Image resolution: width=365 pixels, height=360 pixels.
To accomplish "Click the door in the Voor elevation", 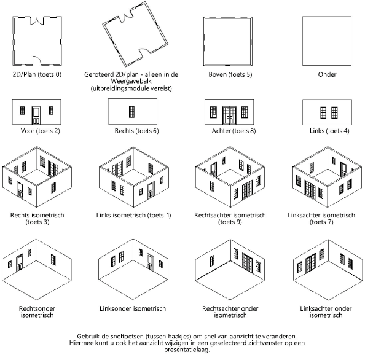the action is coord(36,115).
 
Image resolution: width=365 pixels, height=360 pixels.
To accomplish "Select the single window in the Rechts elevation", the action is coord(131,112).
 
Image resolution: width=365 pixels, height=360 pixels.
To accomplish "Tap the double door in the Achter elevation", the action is coord(229,115).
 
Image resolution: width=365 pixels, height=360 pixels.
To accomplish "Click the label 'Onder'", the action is coord(327,74).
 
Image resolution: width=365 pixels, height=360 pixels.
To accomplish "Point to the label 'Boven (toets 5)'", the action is coord(230,74).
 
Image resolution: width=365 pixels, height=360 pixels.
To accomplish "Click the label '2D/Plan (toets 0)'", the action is coord(37,74).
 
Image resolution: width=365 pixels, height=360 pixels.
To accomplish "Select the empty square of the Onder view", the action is coord(327,41).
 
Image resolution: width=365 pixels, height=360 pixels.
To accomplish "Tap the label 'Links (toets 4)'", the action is coord(329,131).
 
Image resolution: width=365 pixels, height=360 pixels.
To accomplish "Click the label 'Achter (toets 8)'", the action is coord(234,131).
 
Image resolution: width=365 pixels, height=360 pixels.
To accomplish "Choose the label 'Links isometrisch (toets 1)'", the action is coord(133,215).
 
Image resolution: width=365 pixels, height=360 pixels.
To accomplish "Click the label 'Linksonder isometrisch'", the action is coord(133,308).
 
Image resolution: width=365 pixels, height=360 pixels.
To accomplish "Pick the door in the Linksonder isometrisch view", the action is coord(151,262).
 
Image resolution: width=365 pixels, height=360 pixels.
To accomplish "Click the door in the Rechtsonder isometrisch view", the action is coord(19,263).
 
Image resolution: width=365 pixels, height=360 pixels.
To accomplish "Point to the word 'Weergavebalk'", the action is coord(131,81).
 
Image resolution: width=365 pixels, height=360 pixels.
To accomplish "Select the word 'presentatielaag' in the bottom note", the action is coord(186,350).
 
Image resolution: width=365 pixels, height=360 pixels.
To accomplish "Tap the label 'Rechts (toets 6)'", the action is coord(136,131).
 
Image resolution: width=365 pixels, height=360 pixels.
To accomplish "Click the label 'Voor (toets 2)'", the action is coord(41,131).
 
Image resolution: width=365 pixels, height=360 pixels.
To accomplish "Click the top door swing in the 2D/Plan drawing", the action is coord(37,21).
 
